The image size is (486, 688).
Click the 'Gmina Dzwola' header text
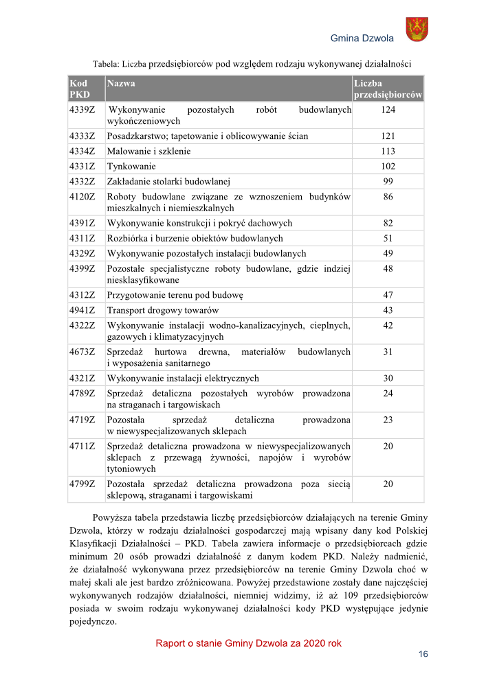click(x=362, y=38)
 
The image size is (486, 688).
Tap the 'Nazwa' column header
click(x=121, y=83)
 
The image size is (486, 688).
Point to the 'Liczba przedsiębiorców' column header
click(x=388, y=89)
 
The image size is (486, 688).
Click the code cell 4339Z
click(x=82, y=109)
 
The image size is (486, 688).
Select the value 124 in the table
click(x=388, y=109)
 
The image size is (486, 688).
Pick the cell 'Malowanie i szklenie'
click(x=149, y=151)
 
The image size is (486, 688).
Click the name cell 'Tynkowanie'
click(x=131, y=166)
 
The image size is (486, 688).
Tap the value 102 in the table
click(x=388, y=166)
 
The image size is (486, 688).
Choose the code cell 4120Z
click(x=82, y=197)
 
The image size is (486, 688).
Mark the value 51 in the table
click(x=388, y=239)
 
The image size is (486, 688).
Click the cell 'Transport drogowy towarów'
click(x=163, y=310)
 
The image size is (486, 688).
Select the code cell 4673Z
click(x=82, y=352)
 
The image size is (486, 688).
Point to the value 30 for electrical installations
click(x=388, y=378)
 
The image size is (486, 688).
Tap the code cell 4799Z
click(x=82, y=484)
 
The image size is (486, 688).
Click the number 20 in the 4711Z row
click(x=388, y=447)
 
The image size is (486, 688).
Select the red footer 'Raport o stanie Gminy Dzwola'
click(x=248, y=643)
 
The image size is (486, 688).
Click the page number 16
click(x=423, y=654)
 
